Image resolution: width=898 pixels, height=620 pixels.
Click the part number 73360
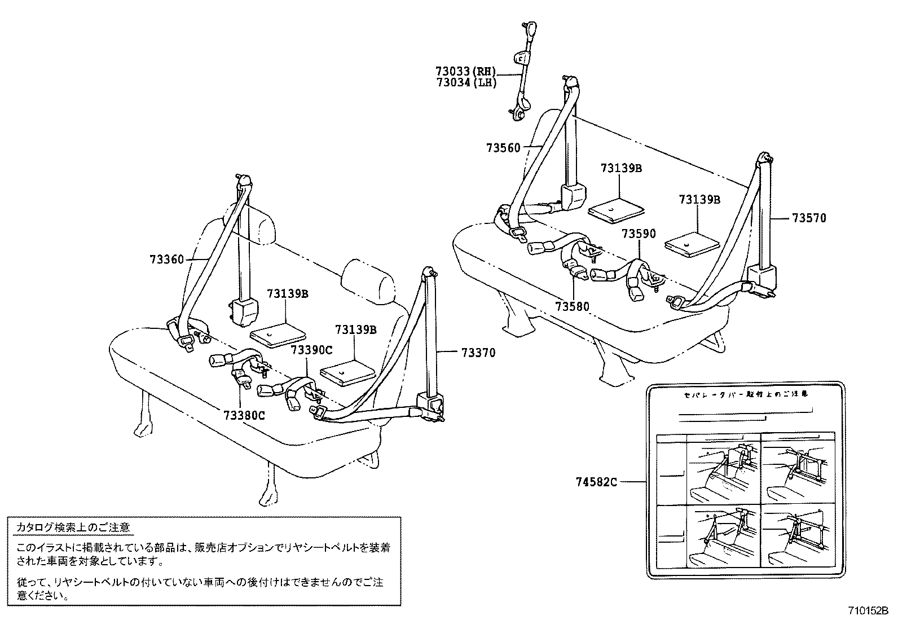coord(167,260)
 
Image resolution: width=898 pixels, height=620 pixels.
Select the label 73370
coord(478,353)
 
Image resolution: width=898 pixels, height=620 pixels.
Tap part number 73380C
coord(244,415)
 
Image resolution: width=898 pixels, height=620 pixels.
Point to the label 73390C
coord(312,350)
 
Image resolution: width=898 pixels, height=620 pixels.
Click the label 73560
coord(503,148)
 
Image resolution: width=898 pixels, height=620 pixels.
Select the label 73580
coord(572,307)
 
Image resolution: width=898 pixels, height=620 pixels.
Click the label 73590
coord(639,234)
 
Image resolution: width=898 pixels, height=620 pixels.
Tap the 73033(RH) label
coord(465,72)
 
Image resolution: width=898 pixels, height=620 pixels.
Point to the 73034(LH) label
coord(465,83)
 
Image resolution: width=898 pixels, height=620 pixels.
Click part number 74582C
coord(597,482)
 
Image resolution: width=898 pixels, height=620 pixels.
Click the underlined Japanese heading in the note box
coord(73,527)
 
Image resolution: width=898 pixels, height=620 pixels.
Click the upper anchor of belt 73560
coord(571,85)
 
